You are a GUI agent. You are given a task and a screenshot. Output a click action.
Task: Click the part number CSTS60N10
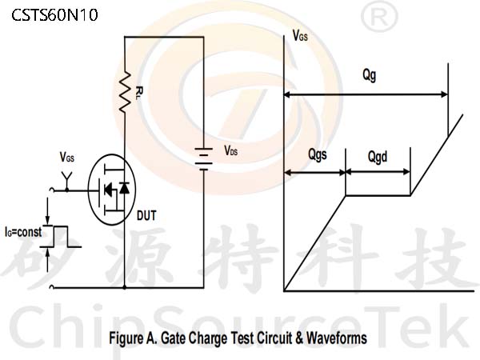pyautogui.click(x=54, y=14)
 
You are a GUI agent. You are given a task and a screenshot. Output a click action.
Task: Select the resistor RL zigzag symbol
pyautogui.click(x=125, y=92)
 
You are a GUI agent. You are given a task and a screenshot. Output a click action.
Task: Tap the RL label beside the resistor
pyautogui.click(x=139, y=93)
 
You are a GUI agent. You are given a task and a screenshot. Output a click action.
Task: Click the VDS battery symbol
pyautogui.click(x=204, y=159)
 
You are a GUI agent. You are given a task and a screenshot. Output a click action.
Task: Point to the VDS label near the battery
pyautogui.click(x=231, y=150)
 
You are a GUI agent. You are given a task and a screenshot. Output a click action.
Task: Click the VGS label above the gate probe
pyautogui.click(x=67, y=158)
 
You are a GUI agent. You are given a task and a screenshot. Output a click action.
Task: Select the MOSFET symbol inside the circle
pyautogui.click(x=112, y=190)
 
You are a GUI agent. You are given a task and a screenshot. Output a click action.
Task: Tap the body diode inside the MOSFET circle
pyautogui.click(x=124, y=188)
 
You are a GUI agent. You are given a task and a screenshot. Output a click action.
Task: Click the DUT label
pyautogui.click(x=146, y=215)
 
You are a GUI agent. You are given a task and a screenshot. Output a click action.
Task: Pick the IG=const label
pyautogui.click(x=23, y=232)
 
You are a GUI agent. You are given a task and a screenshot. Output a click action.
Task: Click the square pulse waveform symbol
pyautogui.click(x=62, y=236)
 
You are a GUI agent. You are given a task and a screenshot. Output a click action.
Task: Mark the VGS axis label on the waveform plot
pyautogui.click(x=300, y=35)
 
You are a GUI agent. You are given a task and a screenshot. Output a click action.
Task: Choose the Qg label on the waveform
pyautogui.click(x=369, y=75)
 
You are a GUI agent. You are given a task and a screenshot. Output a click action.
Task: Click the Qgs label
pyautogui.click(x=318, y=154)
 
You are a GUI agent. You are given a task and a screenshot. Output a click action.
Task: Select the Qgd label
pyautogui.click(x=378, y=157)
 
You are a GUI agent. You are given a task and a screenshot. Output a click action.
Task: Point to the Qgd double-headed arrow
pyautogui.click(x=378, y=172)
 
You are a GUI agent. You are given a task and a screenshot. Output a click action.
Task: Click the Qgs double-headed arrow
pyautogui.click(x=315, y=173)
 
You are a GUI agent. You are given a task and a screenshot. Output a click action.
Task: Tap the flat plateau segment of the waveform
pyautogui.click(x=378, y=195)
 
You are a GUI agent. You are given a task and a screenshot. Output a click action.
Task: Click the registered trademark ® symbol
pyautogui.click(x=379, y=17)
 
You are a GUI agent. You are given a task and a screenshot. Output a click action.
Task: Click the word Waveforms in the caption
pyautogui.click(x=337, y=338)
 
